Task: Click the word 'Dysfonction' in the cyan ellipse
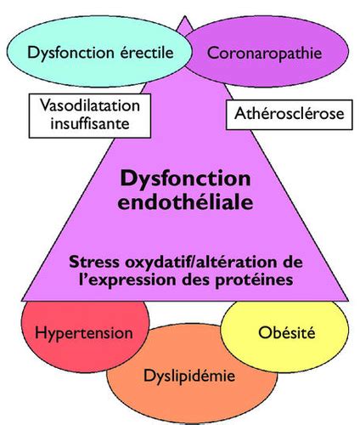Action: coord(70,53)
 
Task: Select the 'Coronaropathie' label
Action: coord(265,54)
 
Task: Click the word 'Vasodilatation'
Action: coord(90,105)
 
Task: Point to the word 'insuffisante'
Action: coord(90,123)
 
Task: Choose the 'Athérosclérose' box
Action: coord(289,114)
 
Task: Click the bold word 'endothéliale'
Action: coord(185,201)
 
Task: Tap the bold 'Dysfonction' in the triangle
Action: coord(185,179)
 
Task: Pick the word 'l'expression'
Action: coord(121,280)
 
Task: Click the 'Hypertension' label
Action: coord(84,333)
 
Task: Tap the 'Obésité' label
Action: coord(286,332)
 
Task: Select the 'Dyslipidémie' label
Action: coord(189,376)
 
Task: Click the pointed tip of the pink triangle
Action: coord(185,16)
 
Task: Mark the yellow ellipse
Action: coord(284,333)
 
